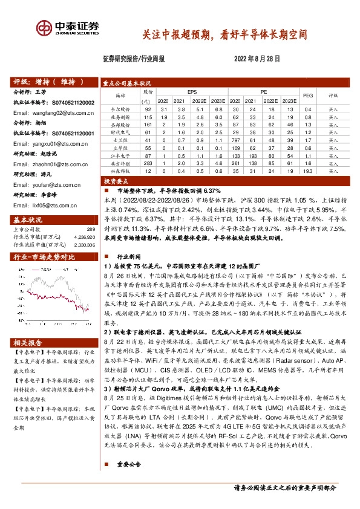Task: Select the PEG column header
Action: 307,95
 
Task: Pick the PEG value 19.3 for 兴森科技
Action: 307,172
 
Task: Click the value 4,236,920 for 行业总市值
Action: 85,236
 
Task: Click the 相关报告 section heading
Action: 29,342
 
